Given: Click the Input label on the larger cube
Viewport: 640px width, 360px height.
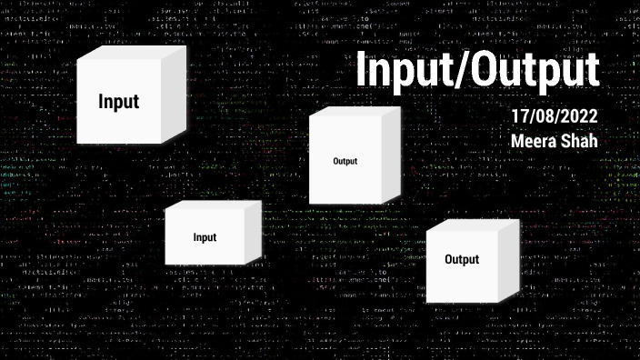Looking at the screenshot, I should coord(118,101).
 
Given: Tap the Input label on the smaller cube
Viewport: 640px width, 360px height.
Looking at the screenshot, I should coord(205,237).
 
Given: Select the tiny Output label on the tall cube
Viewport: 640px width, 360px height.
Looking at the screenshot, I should coord(345,161).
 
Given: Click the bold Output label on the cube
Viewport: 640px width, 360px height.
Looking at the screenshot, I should coord(461,260).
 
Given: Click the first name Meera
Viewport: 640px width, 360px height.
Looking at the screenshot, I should coord(535,142).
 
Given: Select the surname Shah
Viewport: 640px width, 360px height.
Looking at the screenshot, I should coord(580,142).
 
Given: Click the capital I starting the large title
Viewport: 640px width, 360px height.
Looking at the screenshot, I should coord(359,71).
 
